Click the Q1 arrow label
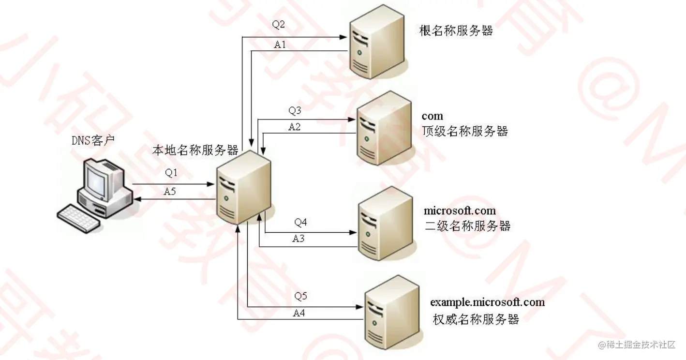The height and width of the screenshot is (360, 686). point(172,172)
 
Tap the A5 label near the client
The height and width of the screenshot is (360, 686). point(170,191)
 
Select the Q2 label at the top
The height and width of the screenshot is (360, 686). point(278,25)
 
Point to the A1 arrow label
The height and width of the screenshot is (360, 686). point(280,45)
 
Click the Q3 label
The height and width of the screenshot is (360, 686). point(295,111)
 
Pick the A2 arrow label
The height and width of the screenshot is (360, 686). point(295,127)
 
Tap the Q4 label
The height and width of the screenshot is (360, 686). point(300,223)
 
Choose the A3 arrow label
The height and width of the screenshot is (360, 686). point(298,238)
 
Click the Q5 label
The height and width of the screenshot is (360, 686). point(300,296)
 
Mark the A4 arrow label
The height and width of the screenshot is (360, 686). point(299,313)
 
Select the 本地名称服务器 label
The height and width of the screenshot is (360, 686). point(195,150)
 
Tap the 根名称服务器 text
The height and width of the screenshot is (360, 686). point(456,31)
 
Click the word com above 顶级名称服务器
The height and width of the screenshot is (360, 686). point(432,116)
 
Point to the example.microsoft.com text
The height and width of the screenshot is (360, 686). point(487,302)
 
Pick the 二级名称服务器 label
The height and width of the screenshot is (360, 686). point(467,226)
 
